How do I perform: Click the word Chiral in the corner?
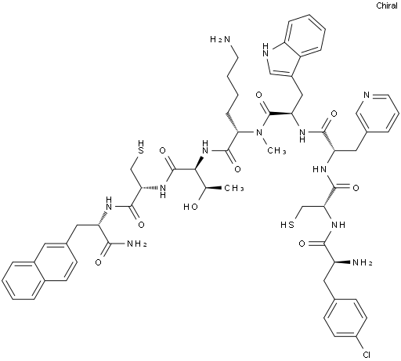click(387, 5)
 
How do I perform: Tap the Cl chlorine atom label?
click(367, 355)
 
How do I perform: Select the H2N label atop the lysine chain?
click(220, 39)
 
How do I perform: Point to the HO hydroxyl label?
click(190, 207)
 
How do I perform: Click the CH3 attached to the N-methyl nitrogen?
click(276, 150)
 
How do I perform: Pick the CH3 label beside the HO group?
click(234, 188)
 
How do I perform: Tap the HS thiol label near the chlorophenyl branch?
click(287, 225)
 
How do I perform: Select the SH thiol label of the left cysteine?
click(141, 147)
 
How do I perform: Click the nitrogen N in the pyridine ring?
click(367, 95)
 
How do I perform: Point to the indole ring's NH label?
click(266, 50)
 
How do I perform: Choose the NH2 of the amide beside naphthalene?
click(136, 244)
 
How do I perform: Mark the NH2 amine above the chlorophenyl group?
click(363, 262)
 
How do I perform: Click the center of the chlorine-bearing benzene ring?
click(345, 319)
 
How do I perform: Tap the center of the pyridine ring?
click(378, 114)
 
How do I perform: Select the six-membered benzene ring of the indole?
click(304, 35)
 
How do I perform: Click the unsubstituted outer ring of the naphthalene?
click(23, 280)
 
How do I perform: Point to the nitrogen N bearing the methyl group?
click(259, 132)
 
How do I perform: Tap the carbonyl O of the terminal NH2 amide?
click(99, 262)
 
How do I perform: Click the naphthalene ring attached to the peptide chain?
click(55, 262)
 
